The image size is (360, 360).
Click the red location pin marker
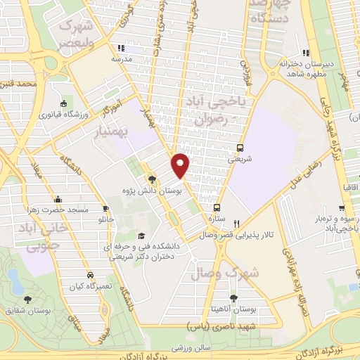[181, 165]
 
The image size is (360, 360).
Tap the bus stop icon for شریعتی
[240, 148]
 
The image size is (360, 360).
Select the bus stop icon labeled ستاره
[217, 207]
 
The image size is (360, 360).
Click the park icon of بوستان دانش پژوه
[152, 179]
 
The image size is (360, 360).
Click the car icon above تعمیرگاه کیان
[89, 275]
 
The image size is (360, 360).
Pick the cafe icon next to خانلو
[105, 209]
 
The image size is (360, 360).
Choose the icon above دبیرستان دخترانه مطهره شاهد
[304, 52]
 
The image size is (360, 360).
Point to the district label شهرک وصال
[255, 272]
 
